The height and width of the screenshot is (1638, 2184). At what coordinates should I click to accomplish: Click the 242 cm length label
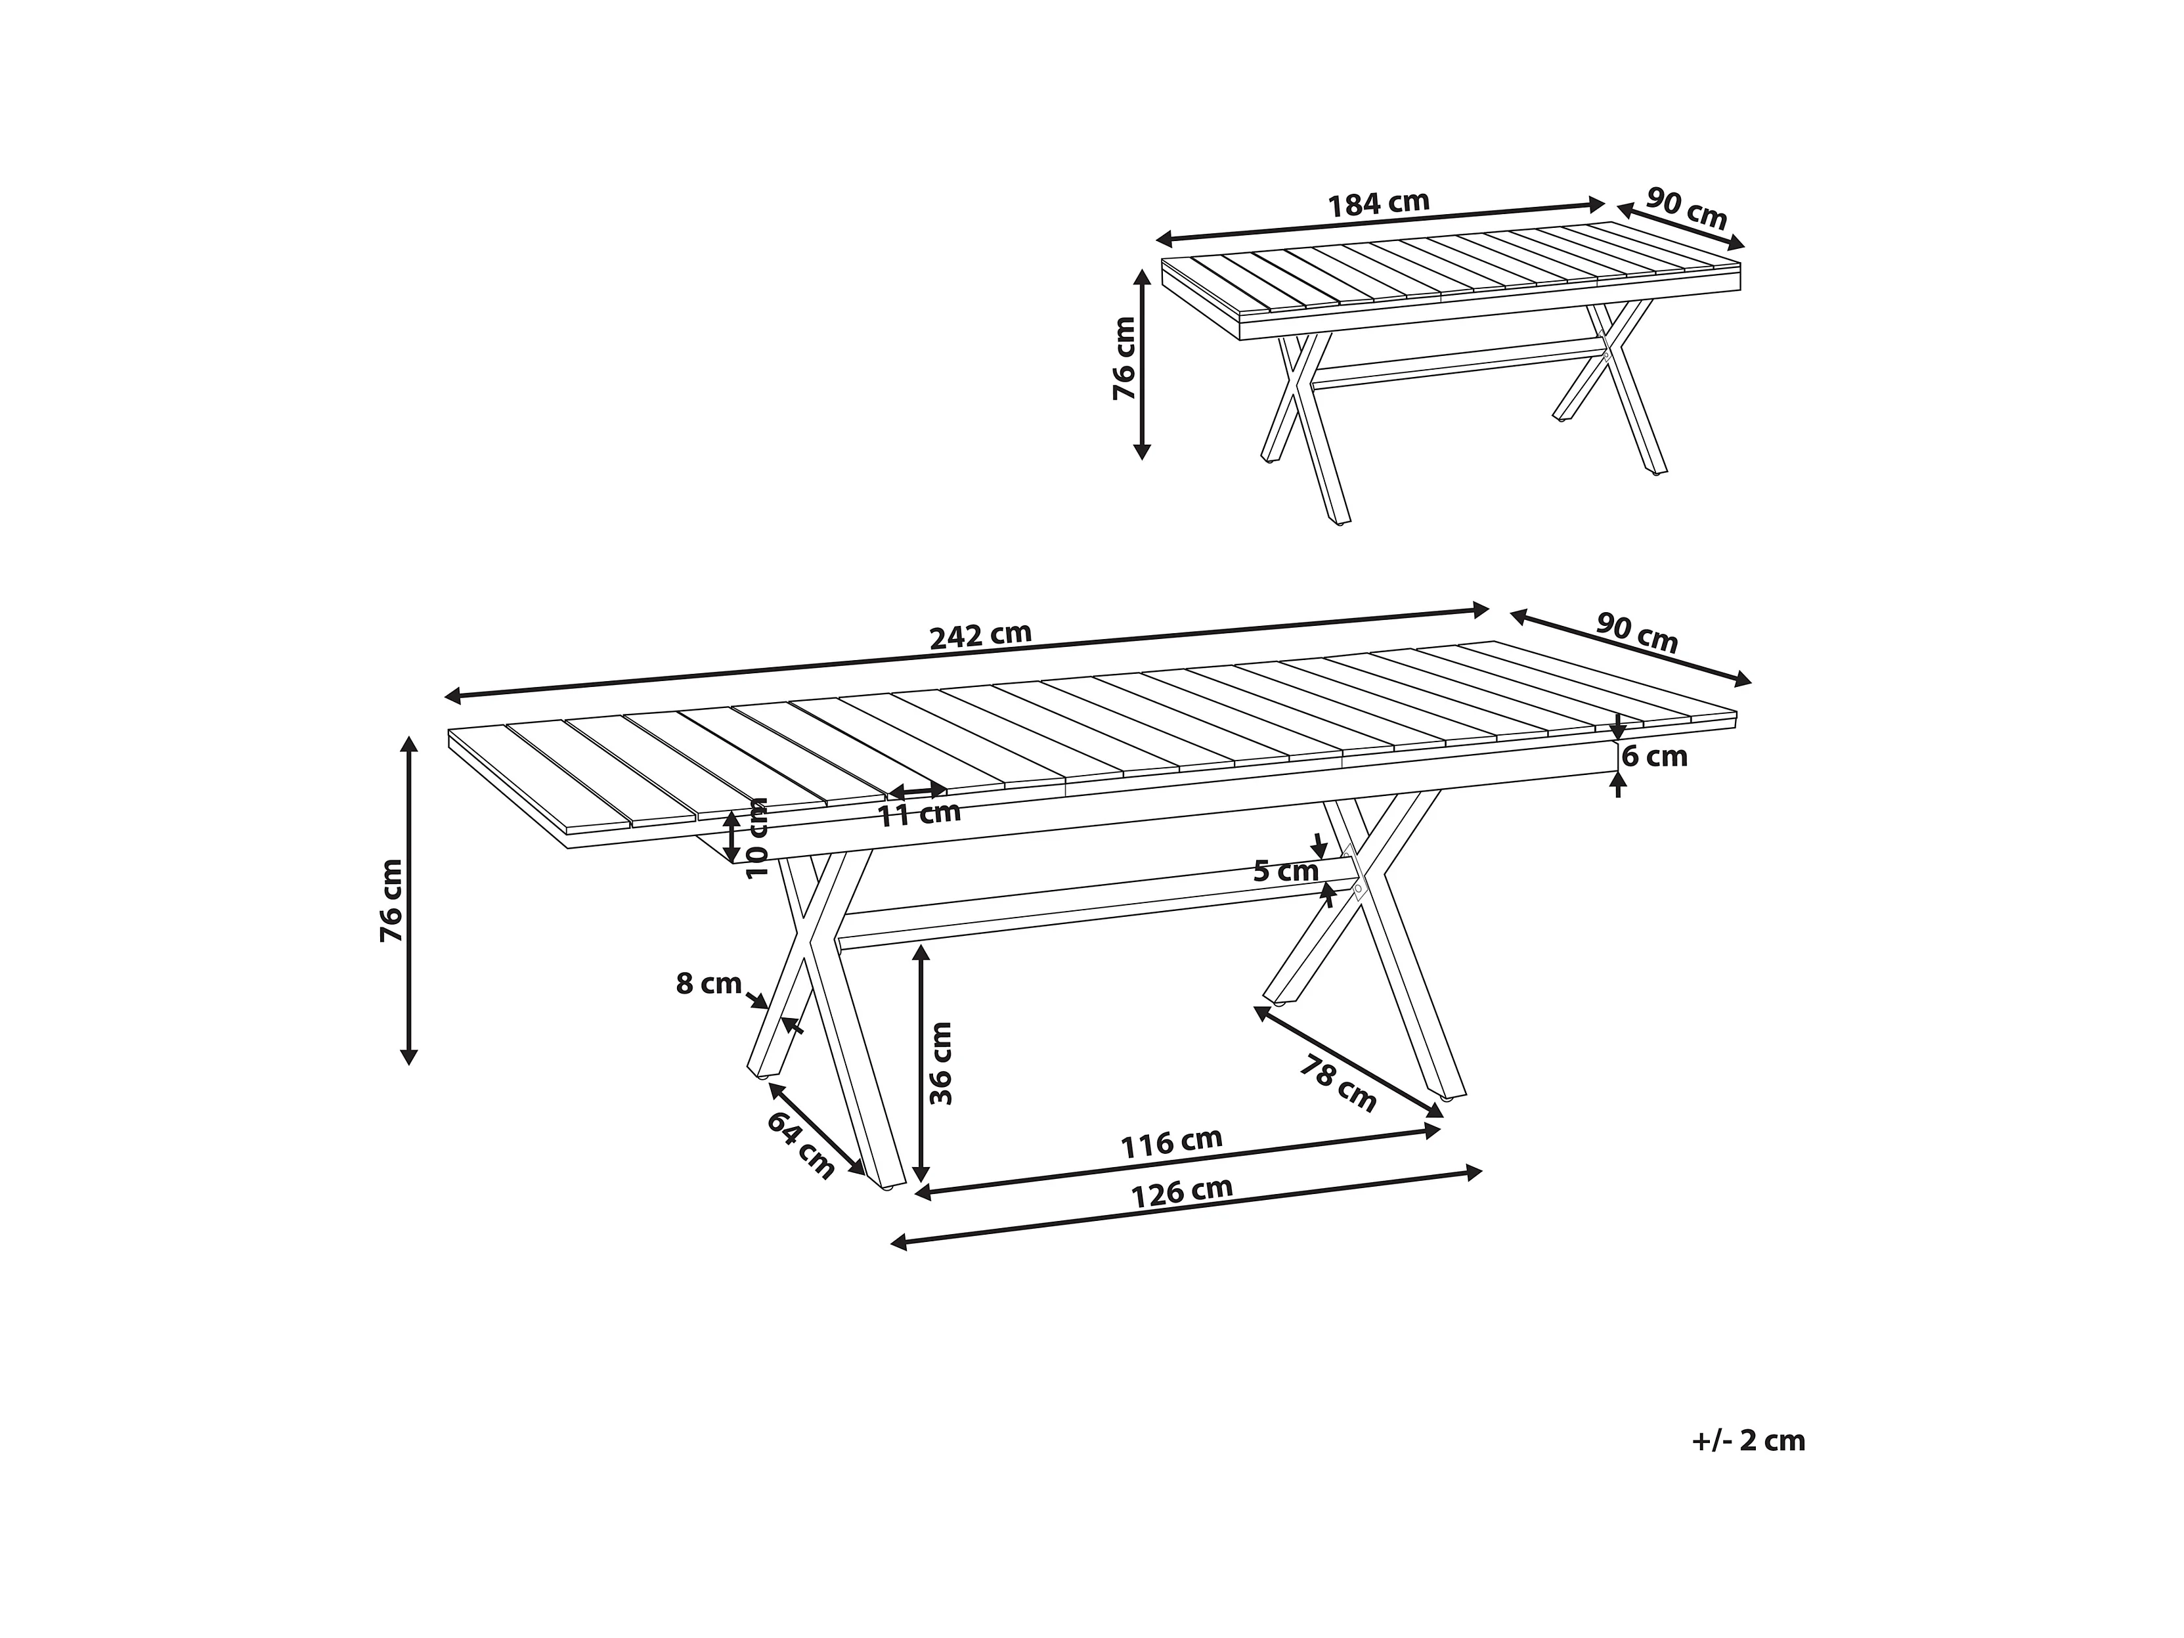(x=980, y=635)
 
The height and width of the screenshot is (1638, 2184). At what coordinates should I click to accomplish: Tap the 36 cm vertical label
(x=941, y=1063)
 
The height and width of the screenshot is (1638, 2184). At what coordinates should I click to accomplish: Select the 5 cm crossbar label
(x=1286, y=871)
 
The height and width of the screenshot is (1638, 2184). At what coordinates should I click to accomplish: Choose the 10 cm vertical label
(x=757, y=837)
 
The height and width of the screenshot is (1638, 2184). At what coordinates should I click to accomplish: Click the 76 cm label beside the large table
(x=392, y=900)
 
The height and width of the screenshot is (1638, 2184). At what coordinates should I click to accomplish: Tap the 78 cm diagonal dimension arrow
(x=1349, y=1061)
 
